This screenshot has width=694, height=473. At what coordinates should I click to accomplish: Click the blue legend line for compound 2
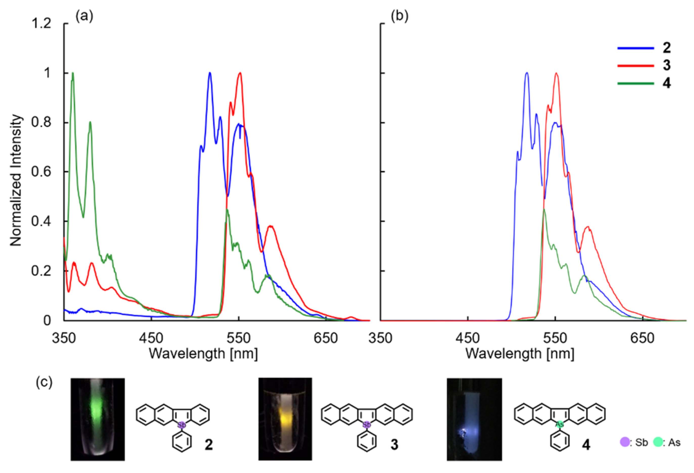[635, 48]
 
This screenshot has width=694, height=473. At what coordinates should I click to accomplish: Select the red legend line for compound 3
[635, 65]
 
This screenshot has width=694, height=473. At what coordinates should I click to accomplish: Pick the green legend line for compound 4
[635, 83]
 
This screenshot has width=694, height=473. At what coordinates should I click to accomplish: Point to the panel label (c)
[44, 382]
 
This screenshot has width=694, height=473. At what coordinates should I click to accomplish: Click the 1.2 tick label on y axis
[41, 23]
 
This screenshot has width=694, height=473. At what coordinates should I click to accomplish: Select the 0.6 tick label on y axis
[41, 172]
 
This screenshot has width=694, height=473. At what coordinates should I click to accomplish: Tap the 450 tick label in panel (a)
[151, 338]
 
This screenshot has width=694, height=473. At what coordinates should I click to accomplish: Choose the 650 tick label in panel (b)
[642, 338]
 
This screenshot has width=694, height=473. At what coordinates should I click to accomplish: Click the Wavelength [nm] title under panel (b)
[520, 354]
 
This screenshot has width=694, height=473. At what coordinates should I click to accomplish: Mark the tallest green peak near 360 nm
[73, 74]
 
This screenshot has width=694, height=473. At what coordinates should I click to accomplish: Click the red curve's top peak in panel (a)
[240, 74]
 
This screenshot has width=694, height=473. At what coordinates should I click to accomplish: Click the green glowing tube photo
[98, 419]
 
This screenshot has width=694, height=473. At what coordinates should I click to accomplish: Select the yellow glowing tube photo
[285, 419]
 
